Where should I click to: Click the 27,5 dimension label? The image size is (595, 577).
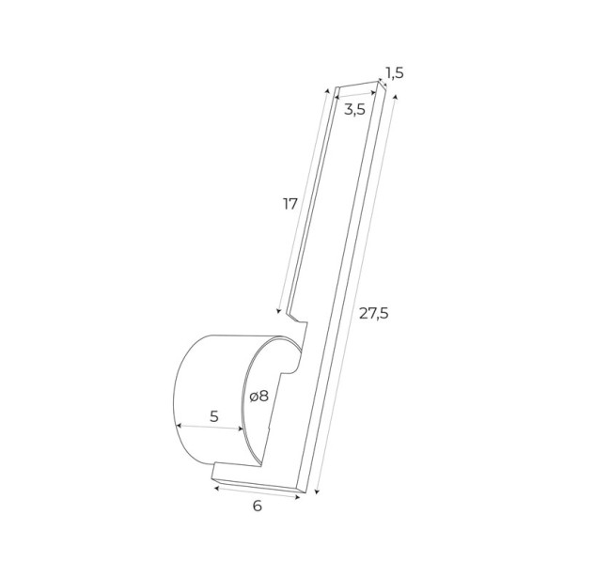(x=374, y=314)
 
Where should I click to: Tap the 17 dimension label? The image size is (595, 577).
(x=290, y=204)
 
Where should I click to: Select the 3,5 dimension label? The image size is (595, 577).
(x=354, y=110)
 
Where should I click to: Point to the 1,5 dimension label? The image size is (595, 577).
(x=395, y=72)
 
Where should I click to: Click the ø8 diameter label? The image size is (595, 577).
(x=259, y=397)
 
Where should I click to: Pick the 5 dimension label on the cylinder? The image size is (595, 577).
(x=214, y=416)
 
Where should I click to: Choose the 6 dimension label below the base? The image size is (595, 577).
(x=258, y=506)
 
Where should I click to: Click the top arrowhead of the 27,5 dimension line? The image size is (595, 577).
(x=396, y=97)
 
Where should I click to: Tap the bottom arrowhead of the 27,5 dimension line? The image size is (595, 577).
(x=317, y=492)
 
